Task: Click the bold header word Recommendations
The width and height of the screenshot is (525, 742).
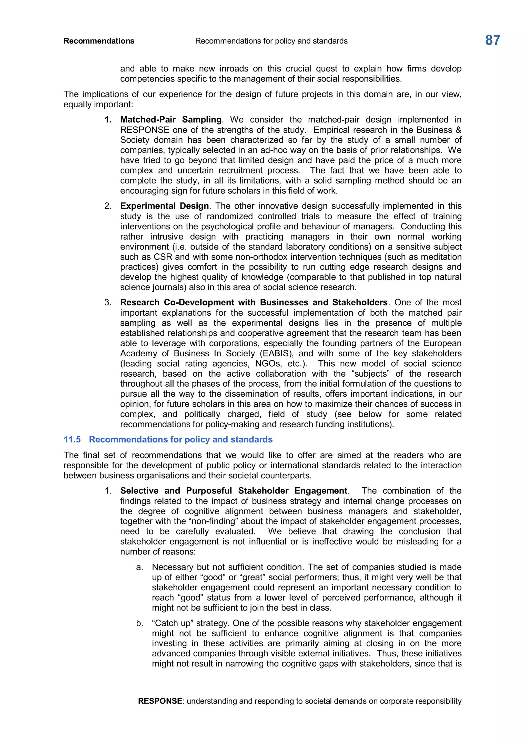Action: coord(99,41)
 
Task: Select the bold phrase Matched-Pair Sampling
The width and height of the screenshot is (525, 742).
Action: coord(171,120)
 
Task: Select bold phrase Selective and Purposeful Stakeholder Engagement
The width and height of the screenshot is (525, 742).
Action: coord(234,491)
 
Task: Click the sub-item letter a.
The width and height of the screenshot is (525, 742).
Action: coord(139,567)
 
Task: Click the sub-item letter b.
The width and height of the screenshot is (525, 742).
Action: coord(139,623)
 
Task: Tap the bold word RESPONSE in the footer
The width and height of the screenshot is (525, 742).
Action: coord(160,701)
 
